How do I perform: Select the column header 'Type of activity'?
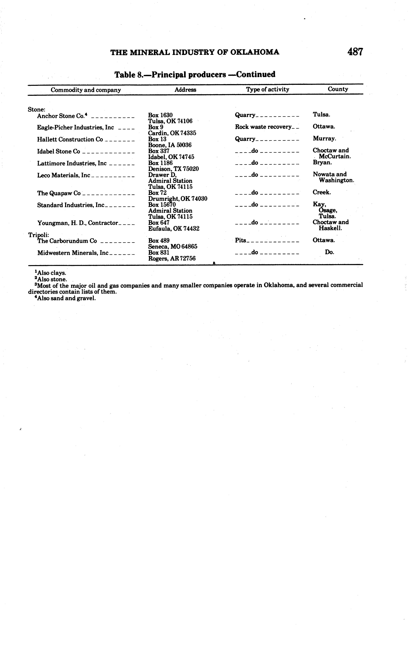tap(267, 89)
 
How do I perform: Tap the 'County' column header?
tap(338, 89)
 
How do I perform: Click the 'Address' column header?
tap(185, 90)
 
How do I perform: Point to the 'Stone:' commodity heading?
tap(36, 109)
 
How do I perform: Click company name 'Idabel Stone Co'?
tap(59, 151)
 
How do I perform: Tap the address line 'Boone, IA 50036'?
tap(170, 145)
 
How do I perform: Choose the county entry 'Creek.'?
tap(322, 192)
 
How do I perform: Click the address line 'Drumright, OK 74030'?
tap(178, 199)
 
